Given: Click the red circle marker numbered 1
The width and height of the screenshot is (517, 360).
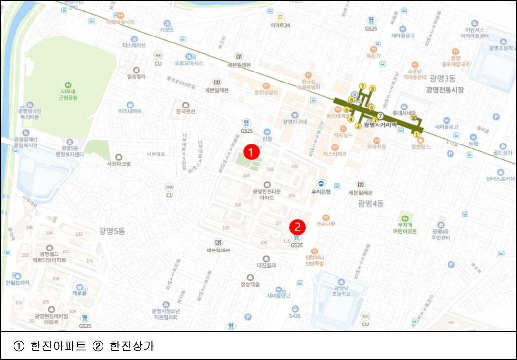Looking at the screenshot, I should (252, 151).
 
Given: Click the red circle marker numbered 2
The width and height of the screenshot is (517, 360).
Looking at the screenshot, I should (297, 227).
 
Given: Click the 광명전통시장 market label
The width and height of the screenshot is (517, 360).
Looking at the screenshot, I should (447, 90).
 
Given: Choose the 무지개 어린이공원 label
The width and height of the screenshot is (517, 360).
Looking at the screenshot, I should (405, 227).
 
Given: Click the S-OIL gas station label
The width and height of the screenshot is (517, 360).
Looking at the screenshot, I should (295, 316).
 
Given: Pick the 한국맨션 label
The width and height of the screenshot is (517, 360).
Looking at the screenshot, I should (185, 112).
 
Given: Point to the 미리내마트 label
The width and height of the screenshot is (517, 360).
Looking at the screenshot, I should (130, 111).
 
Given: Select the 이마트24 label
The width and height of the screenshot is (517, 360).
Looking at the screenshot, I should (280, 25).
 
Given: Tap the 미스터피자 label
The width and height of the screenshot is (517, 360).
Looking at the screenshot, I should (335, 154).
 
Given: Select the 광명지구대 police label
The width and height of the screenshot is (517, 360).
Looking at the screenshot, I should (295, 121).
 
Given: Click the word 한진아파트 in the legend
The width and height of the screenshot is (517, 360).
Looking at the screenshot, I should (58, 346).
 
